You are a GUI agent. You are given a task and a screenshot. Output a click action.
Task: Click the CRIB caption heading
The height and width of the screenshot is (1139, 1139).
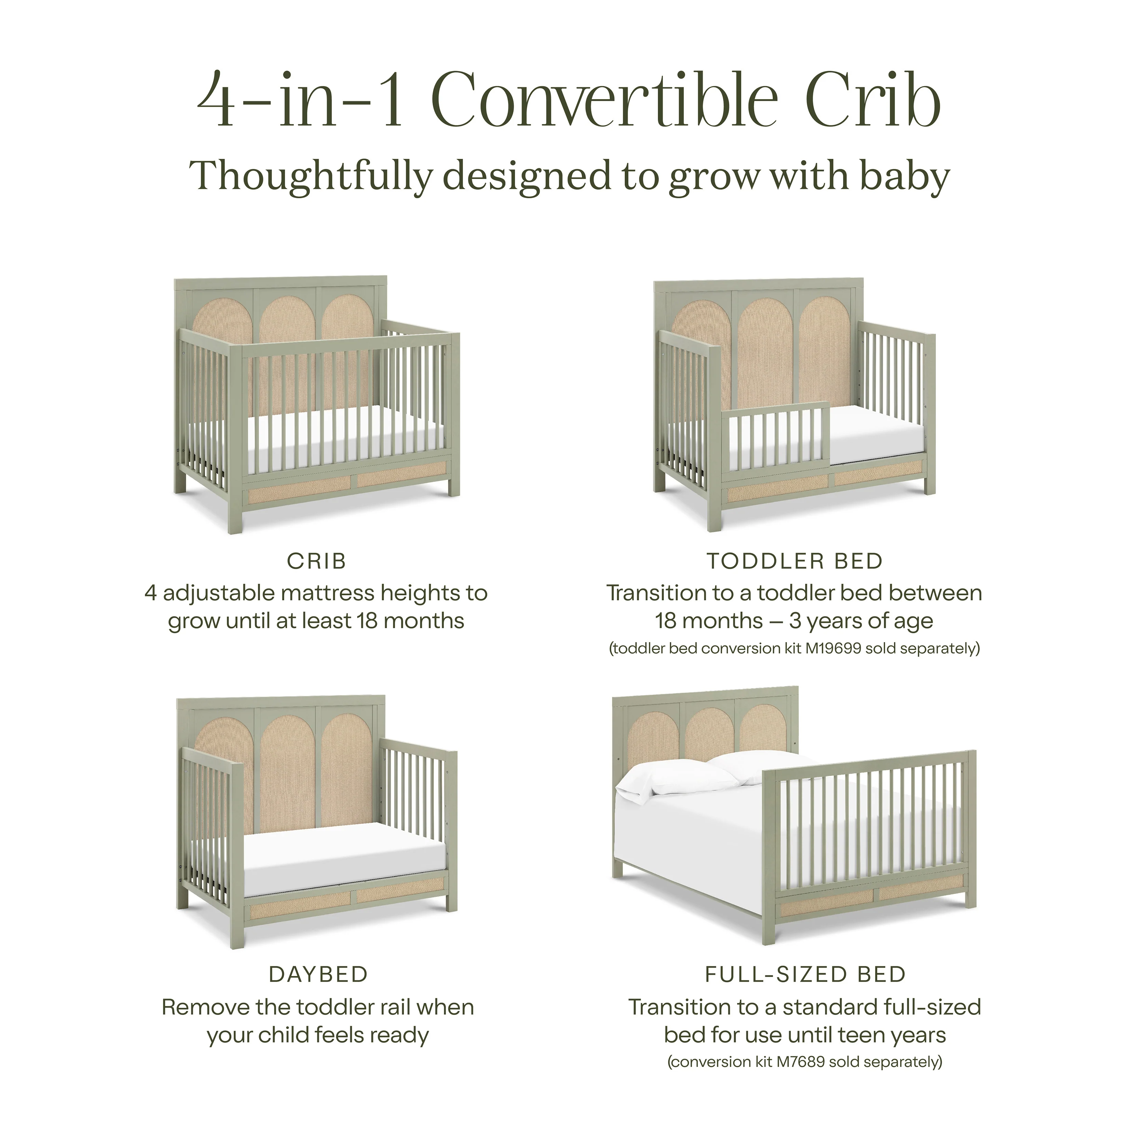(x=316, y=561)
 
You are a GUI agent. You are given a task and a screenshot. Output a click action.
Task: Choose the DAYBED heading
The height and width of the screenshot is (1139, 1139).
(x=318, y=975)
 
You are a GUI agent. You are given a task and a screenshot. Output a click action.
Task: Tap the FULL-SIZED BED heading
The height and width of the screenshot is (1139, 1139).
(x=805, y=975)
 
